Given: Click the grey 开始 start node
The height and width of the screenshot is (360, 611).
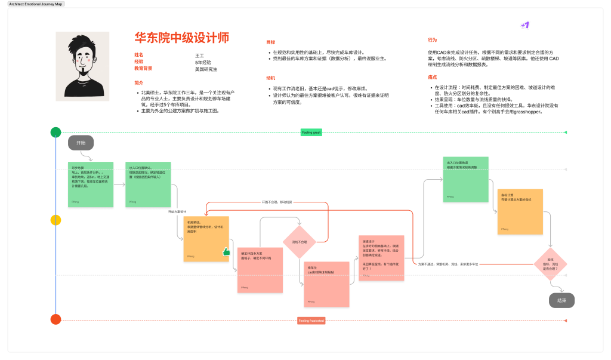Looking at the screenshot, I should pyautogui.click(x=81, y=143).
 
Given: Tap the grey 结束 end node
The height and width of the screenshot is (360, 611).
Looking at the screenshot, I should pyautogui.click(x=561, y=300).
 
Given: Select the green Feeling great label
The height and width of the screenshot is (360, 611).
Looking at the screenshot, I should pyautogui.click(x=311, y=132).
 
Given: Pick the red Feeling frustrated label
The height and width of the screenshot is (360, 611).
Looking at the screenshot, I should pyautogui.click(x=311, y=321).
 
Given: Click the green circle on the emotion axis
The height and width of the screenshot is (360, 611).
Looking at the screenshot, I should pyautogui.click(x=55, y=133).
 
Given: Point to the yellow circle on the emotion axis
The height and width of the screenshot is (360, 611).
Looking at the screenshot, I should pyautogui.click(x=55, y=220).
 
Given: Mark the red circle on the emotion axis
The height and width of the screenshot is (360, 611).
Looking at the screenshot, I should pyautogui.click(x=55, y=319).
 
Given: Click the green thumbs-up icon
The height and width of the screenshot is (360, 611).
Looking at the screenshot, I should pyautogui.click(x=226, y=252).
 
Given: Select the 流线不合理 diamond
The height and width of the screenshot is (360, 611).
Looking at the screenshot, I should pyautogui.click(x=299, y=242).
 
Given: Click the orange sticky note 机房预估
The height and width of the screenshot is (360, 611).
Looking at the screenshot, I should pyautogui.click(x=206, y=238).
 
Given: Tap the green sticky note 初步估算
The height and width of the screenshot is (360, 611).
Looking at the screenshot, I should pyautogui.click(x=91, y=184).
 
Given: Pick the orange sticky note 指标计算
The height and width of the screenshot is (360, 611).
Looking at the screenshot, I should pyautogui.click(x=520, y=211).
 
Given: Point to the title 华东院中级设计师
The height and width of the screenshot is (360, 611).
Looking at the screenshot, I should pyautogui.click(x=181, y=38).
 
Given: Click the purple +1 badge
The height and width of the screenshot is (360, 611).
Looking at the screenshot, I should pyautogui.click(x=525, y=26).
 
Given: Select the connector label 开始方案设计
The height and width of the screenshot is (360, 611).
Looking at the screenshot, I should pyautogui.click(x=178, y=212).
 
